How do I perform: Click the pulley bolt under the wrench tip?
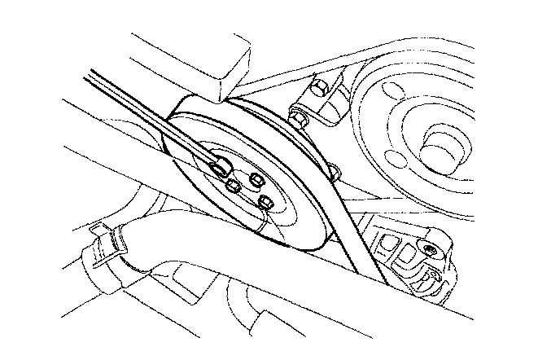(x=220, y=169)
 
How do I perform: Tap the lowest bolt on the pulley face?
(x=265, y=200)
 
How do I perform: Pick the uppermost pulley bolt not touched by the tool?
(x=256, y=178)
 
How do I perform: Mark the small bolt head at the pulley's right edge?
(x=334, y=170)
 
